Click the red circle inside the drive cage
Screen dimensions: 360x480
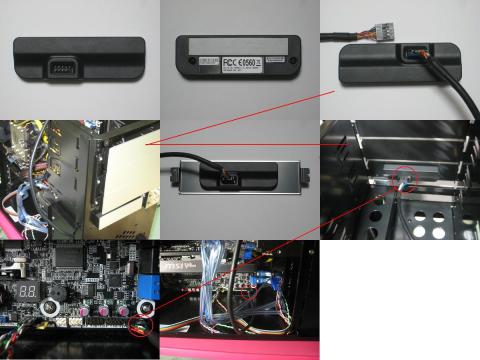point(405,178)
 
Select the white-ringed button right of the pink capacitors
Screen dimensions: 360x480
point(146,306)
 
